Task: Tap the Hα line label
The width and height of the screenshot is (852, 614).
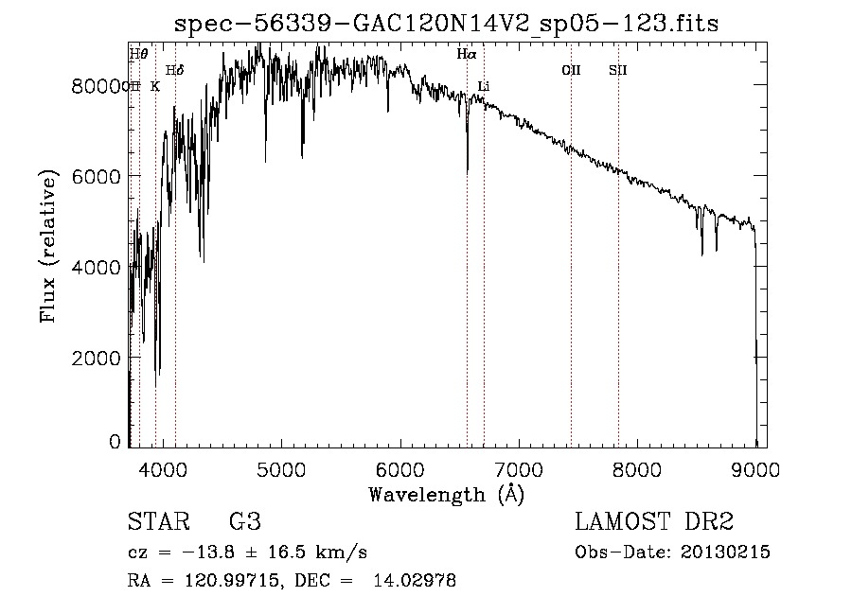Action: (467, 55)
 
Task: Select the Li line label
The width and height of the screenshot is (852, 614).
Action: (484, 87)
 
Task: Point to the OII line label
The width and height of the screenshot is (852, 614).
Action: (571, 70)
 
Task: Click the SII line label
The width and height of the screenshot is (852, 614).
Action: (618, 70)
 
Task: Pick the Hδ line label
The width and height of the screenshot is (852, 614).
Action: (175, 70)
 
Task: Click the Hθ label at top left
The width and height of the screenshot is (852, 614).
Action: (138, 54)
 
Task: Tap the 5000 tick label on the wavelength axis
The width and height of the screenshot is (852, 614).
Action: (280, 468)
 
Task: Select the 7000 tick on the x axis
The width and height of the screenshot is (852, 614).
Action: (519, 468)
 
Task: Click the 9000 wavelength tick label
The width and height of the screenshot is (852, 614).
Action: (756, 468)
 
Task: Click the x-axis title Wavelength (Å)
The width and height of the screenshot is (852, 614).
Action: (446, 493)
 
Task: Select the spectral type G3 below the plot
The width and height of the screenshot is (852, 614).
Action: (244, 522)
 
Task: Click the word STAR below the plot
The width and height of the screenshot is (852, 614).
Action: (157, 522)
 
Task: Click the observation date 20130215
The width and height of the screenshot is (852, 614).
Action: (726, 553)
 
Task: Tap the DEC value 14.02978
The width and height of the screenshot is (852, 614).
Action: (417, 581)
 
